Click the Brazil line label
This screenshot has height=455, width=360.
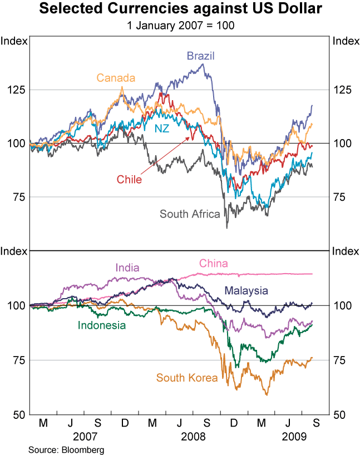coord(200,56)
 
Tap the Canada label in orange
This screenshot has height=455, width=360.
coord(116,78)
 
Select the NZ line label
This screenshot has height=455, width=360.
coord(162,128)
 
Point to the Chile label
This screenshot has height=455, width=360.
coord(129,179)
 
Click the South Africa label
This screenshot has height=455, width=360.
coord(190,214)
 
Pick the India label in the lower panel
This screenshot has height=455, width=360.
coord(127,268)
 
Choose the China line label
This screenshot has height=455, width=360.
coord(213,263)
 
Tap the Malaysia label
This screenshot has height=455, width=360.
coord(246,290)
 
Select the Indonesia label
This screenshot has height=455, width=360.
coord(102,325)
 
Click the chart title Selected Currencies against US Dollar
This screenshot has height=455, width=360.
coord(180,10)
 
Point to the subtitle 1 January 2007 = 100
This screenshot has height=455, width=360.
coord(180,25)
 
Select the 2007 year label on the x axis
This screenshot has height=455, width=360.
coord(85,437)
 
